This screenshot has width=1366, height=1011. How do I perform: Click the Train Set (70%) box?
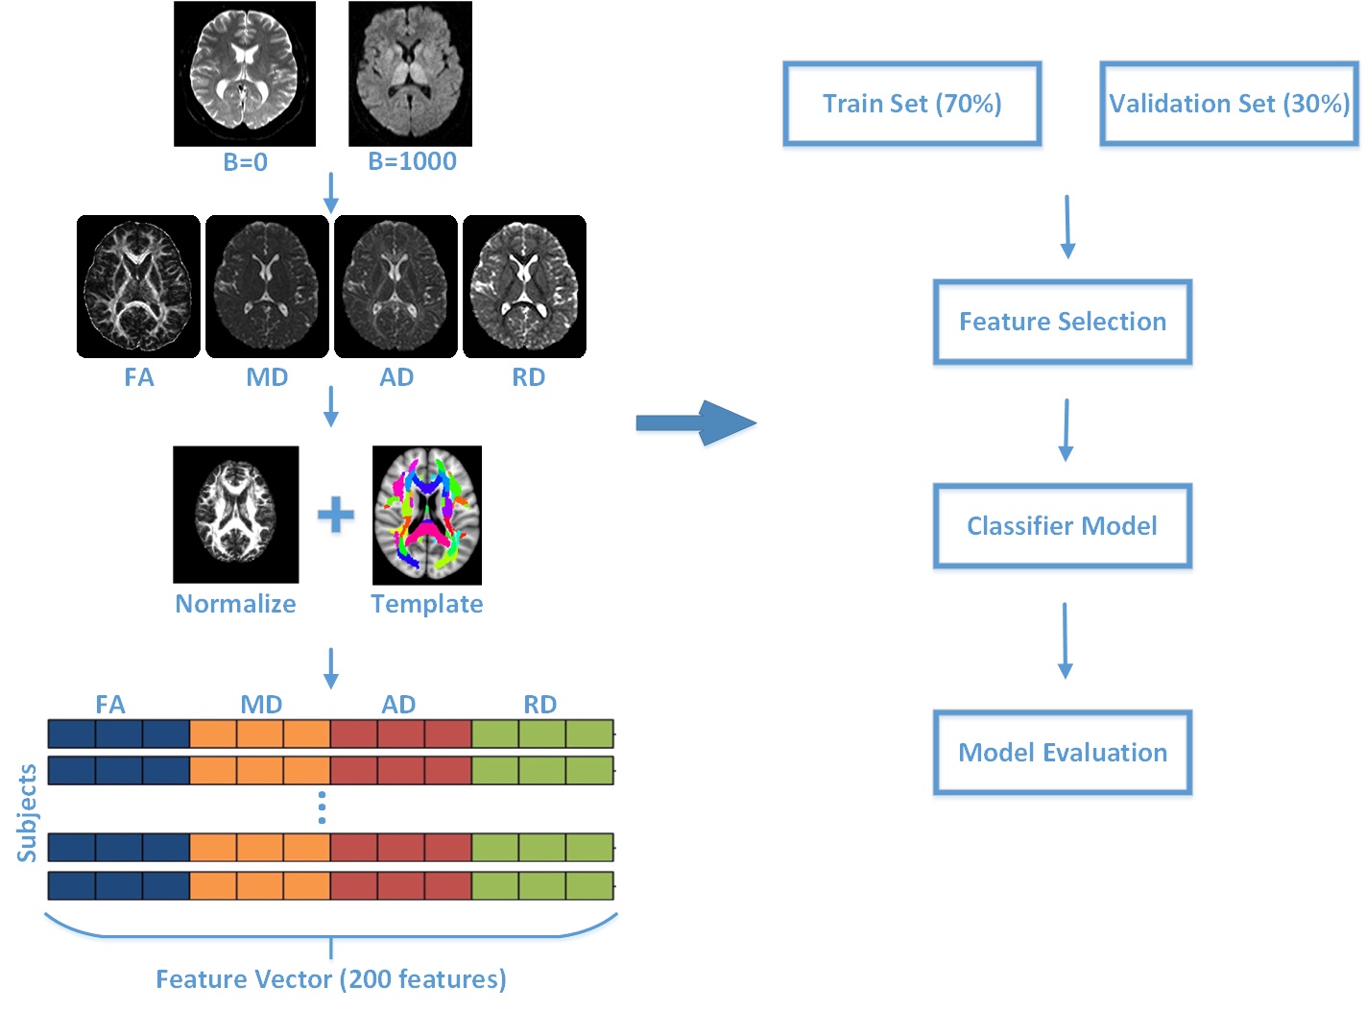click(912, 104)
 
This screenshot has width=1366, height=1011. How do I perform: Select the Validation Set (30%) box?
click(1229, 104)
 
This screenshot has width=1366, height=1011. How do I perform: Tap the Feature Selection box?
click(1063, 322)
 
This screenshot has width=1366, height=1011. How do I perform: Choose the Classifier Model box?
click(1063, 526)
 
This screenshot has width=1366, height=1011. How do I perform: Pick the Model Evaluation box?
click(1063, 753)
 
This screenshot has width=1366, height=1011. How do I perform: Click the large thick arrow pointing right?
click(697, 422)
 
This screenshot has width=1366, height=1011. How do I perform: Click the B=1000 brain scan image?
click(410, 74)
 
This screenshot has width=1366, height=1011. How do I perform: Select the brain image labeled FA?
click(138, 286)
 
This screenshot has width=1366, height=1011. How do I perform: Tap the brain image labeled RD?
click(524, 286)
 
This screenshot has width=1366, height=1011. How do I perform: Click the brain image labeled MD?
click(267, 286)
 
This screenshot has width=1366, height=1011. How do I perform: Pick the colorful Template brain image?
click(427, 515)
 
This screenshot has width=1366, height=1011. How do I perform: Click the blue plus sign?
click(336, 516)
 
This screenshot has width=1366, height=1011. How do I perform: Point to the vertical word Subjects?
click(27, 812)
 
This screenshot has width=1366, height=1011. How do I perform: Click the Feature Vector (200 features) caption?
click(331, 979)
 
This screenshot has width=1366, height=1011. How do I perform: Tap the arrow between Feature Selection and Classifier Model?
click(1066, 429)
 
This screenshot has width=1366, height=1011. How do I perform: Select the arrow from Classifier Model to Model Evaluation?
click(1065, 640)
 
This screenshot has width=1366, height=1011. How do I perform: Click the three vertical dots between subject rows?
click(322, 807)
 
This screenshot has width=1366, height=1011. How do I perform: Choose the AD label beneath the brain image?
click(396, 377)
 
